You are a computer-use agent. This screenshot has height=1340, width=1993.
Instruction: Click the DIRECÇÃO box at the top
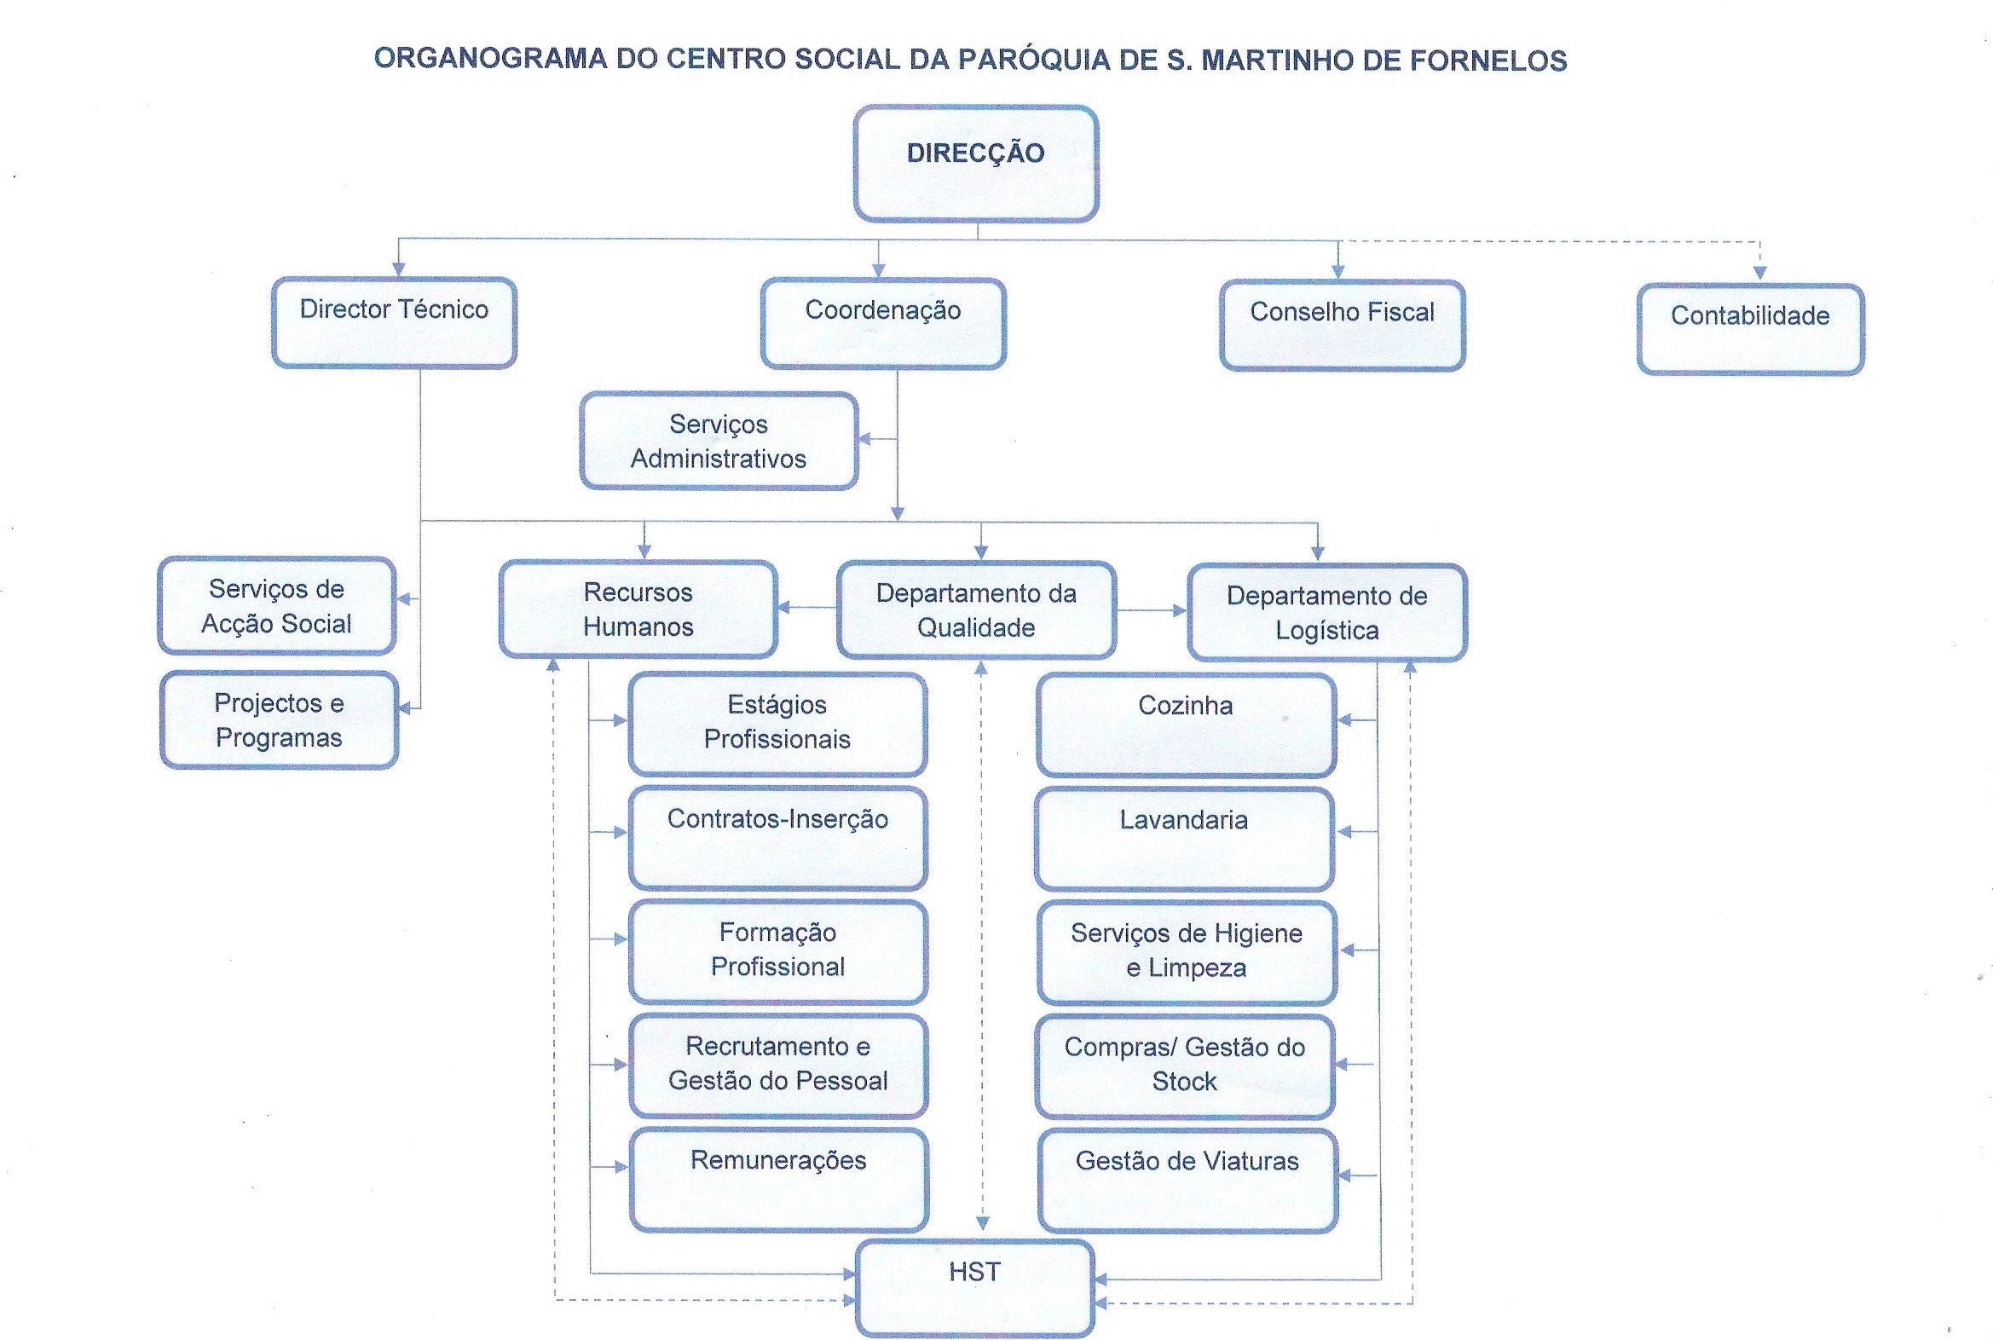point(975,163)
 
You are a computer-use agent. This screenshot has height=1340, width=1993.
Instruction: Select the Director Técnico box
point(394,323)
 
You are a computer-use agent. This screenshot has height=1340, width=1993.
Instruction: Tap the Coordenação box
point(883,324)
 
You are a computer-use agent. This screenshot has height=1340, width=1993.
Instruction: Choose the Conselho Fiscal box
point(1342,326)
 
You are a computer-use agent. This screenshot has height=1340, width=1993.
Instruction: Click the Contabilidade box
point(1749,329)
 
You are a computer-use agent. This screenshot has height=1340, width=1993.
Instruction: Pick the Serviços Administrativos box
point(718,441)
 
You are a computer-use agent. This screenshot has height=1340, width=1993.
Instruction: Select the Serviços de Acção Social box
point(277,606)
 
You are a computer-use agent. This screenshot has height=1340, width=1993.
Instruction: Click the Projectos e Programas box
point(279,719)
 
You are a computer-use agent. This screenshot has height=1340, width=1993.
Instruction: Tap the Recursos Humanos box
point(638,609)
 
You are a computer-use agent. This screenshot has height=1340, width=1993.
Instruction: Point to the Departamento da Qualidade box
point(976,610)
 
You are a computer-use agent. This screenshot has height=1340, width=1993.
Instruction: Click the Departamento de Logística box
point(1326,613)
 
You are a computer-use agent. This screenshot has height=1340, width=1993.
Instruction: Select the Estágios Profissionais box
point(777,723)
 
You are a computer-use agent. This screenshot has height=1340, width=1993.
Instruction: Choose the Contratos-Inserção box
point(777,837)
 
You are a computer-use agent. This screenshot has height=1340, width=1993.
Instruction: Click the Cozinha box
point(1186,725)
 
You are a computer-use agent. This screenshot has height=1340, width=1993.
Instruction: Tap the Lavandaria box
point(1184,839)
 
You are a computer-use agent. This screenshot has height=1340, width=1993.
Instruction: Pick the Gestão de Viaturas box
point(1187,1181)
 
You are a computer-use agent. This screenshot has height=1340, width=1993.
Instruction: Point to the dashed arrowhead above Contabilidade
point(1759,273)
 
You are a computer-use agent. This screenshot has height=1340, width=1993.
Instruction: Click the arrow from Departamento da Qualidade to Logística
point(1151,610)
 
